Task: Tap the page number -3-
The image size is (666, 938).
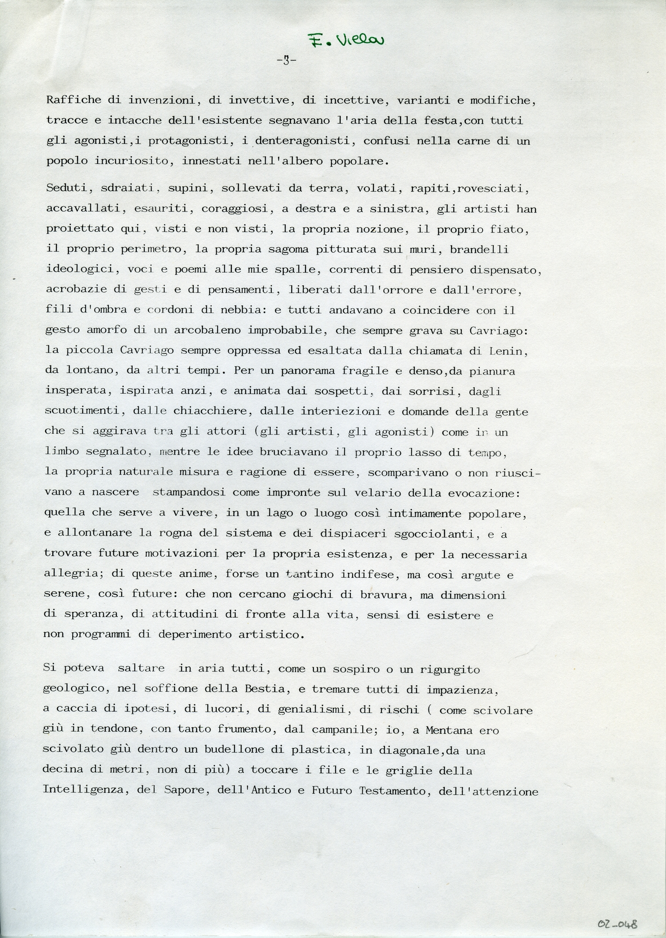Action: [x=286, y=60]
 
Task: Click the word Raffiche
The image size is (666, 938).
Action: [x=74, y=100]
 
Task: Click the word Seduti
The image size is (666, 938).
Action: [x=68, y=189]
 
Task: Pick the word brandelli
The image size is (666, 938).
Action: [x=479, y=249]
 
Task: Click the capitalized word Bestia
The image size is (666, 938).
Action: [x=264, y=690]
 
